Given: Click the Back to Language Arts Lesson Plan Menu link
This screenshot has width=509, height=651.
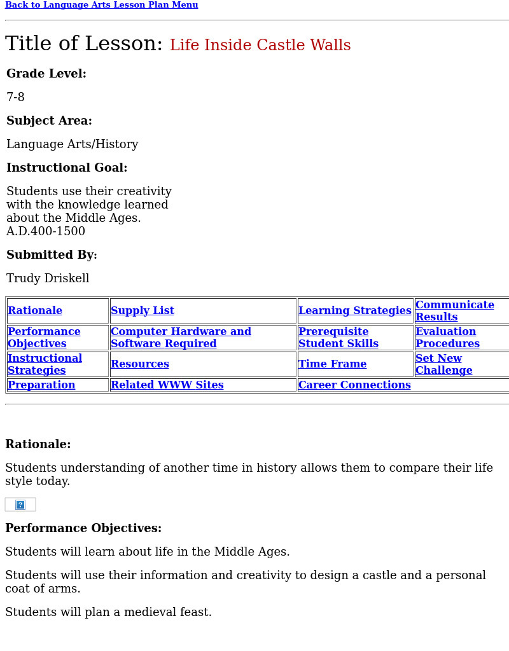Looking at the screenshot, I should [x=102, y=5].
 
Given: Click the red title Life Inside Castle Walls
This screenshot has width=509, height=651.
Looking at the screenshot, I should [x=260, y=46].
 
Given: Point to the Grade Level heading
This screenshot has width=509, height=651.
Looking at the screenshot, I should [x=46, y=74].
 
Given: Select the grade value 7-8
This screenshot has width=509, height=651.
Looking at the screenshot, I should [x=16, y=97].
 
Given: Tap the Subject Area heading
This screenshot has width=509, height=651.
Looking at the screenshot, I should [x=49, y=121].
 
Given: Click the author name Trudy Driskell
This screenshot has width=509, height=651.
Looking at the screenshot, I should [x=48, y=278].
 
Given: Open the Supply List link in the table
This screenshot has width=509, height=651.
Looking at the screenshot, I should [x=143, y=311].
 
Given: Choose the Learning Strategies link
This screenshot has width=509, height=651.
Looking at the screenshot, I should [x=354, y=311].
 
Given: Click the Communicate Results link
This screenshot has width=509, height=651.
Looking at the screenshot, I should [x=454, y=311].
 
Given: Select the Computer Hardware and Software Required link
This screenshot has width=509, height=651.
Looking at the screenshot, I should [x=181, y=338].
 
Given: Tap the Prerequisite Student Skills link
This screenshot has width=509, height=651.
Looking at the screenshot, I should [x=338, y=338].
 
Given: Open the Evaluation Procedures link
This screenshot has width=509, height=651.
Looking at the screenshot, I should [x=447, y=338].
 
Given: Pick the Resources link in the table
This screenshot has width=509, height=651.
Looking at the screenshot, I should [x=140, y=364].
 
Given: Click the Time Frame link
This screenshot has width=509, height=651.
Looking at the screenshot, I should [x=332, y=364].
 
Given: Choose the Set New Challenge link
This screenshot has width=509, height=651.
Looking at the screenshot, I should [x=443, y=364].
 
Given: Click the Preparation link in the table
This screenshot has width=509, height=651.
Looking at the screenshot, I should [x=41, y=385].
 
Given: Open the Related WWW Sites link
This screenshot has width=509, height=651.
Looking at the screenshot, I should [x=167, y=385].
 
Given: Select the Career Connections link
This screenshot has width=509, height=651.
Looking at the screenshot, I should [x=354, y=385].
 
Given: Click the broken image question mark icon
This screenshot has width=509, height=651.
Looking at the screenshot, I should [x=20, y=505].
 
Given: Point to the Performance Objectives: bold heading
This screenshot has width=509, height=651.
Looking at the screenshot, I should [x=83, y=528].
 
